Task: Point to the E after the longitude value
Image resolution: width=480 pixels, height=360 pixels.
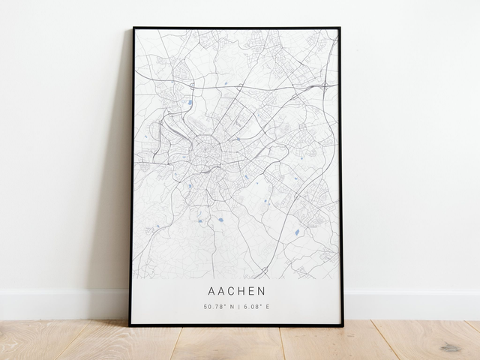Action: coord(268,307)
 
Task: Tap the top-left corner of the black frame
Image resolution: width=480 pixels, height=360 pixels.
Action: coord(133,28)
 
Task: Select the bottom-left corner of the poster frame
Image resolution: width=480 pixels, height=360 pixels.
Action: coord(130,325)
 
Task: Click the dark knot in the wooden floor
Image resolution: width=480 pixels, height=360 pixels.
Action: coord(451,347)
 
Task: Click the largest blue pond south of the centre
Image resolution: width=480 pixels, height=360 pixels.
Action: coord(220,220)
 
